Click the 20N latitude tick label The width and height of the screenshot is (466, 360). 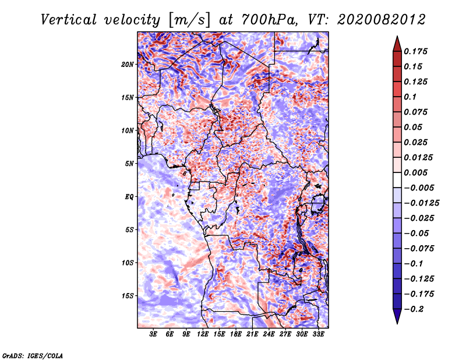(x=128, y=64)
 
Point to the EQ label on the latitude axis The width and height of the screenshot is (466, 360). (x=129, y=197)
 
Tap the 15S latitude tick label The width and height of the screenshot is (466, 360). (x=128, y=296)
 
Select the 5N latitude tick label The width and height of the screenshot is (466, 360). (x=129, y=164)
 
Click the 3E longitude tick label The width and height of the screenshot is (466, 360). (x=154, y=334)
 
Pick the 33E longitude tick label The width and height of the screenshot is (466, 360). (x=318, y=334)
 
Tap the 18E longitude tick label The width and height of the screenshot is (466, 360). (x=236, y=334)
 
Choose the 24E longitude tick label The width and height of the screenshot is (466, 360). (x=269, y=334)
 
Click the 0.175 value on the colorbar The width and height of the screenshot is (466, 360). (x=416, y=51)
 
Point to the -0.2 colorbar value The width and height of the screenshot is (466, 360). (x=415, y=309)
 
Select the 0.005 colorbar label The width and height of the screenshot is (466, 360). (x=416, y=172)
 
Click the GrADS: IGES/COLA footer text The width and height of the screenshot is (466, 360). (x=33, y=355)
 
